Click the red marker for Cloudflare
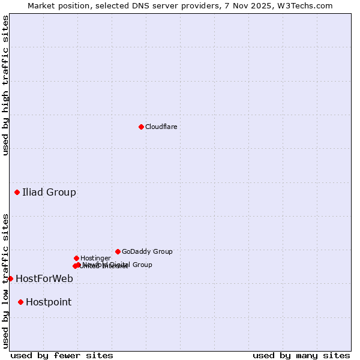tap(141, 127)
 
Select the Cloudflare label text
tap(161, 127)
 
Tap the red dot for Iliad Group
tap(17, 192)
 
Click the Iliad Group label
tap(49, 193)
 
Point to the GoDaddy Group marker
tap(118, 251)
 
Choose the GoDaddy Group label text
tap(147, 251)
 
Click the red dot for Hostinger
tap(76, 258)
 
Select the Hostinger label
tap(95, 258)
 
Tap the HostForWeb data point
tap(10, 278)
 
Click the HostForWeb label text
tap(44, 278)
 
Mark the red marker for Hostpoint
tap(20, 302)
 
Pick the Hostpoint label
tap(49, 302)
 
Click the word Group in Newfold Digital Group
tap(142, 265)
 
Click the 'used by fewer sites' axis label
tap(62, 355)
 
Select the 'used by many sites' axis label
tap(301, 355)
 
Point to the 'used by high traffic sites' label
tap(5, 85)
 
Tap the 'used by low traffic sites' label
tap(5, 280)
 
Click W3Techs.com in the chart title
tap(308, 5)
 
